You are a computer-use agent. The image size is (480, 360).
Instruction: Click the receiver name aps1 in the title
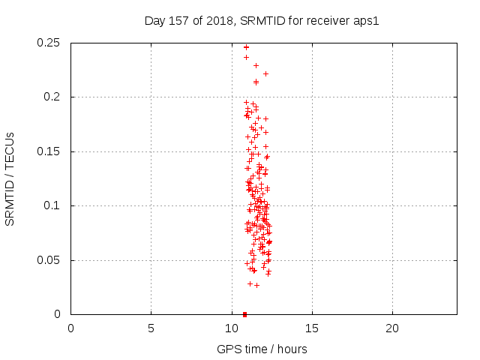coord(367,20)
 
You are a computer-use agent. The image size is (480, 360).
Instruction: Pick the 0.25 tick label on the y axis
coord(49,43)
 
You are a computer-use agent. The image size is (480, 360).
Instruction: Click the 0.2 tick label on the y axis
coord(53,97)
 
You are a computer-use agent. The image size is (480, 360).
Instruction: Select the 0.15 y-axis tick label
coord(49,151)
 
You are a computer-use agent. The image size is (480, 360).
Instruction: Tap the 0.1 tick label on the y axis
coord(53,205)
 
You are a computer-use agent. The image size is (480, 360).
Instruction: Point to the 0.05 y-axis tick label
coord(49,260)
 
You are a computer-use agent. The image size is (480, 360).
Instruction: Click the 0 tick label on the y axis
coord(60,314)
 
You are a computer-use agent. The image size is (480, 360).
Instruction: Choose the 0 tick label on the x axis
coord(70,328)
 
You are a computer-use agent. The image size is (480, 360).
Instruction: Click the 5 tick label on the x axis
coord(151,328)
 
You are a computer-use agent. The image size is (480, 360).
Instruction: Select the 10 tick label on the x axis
coord(231,328)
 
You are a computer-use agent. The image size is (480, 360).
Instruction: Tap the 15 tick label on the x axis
coord(311,328)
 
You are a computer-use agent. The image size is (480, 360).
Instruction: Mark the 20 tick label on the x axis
coord(391,328)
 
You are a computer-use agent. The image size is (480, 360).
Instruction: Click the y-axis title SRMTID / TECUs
coord(10,178)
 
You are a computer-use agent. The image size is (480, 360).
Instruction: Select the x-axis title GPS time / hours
coord(262,349)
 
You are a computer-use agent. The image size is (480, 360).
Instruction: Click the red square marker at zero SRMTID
coord(244,314)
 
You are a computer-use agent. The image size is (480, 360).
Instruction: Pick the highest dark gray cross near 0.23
coord(256,65)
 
